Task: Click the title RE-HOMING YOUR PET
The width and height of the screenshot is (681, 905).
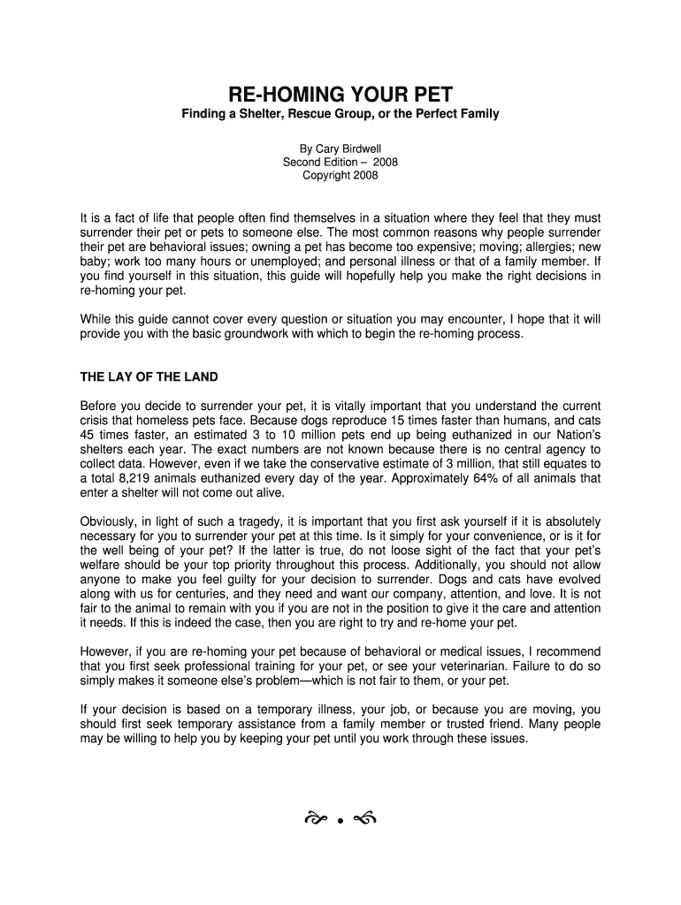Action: pyautogui.click(x=340, y=95)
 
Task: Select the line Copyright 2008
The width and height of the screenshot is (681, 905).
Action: pyautogui.click(x=340, y=175)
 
